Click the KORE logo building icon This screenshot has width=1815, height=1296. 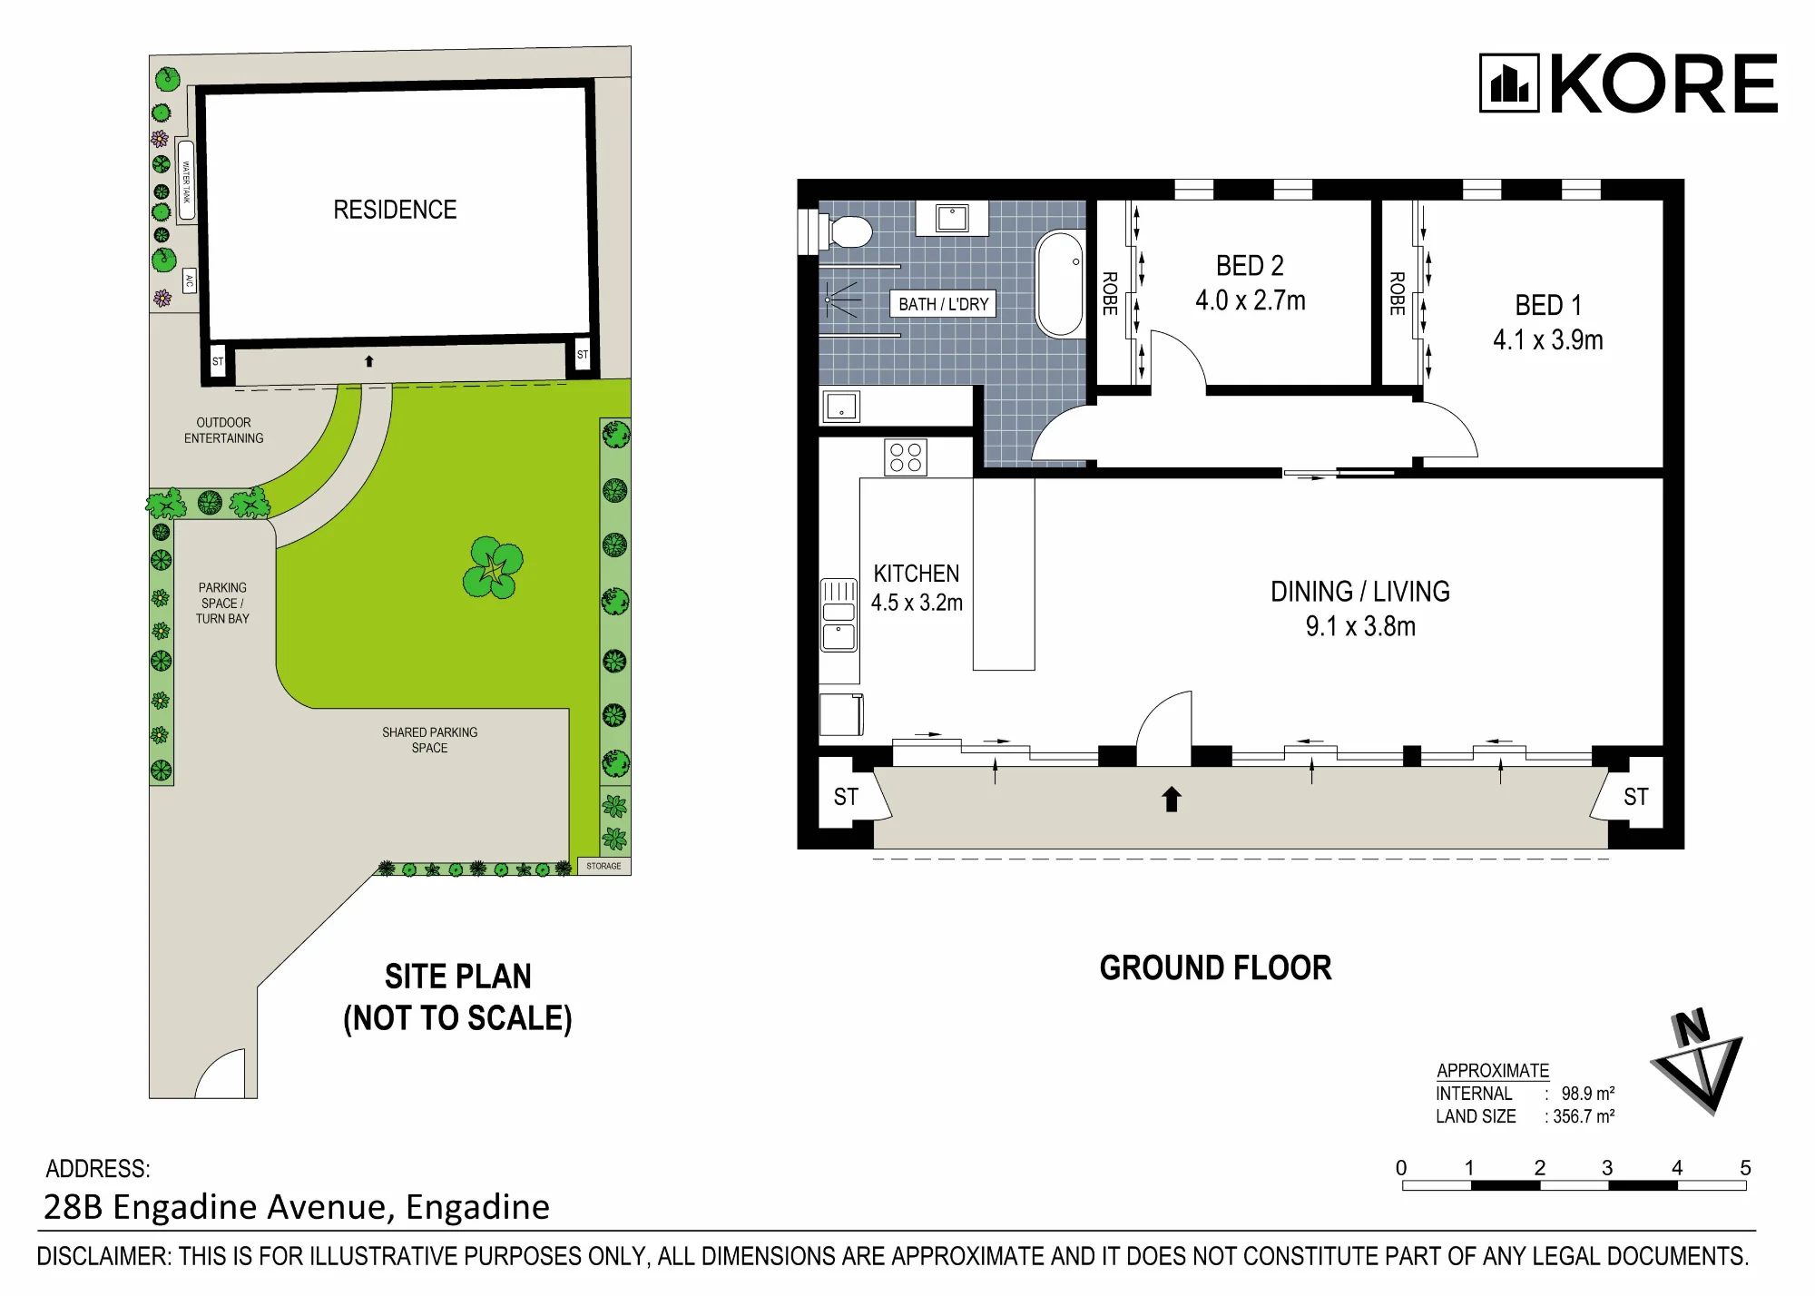point(1509,83)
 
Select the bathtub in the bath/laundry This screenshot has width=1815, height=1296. point(1060,284)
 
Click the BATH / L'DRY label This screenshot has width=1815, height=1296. point(943,304)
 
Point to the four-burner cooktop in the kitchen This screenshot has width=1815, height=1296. point(906,457)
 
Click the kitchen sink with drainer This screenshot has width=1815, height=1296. point(839,615)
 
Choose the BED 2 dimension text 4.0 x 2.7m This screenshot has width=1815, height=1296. point(1251,300)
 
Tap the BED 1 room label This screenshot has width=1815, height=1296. point(1548,305)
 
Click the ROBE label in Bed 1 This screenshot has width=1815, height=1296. point(1398,293)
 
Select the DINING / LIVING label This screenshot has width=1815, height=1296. point(1360,592)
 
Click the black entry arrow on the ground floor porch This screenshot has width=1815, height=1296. point(1172,799)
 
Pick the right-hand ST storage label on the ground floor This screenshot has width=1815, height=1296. point(1636,797)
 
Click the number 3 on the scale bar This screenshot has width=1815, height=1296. point(1607,1168)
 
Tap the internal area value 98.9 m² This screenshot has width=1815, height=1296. point(1588,1094)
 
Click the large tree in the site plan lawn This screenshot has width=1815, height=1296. point(493,567)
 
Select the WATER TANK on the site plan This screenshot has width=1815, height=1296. point(186,180)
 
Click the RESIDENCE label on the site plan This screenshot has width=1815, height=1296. point(395,210)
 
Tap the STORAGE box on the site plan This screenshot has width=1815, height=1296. point(604,866)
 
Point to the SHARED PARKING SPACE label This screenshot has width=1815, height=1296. point(429,740)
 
